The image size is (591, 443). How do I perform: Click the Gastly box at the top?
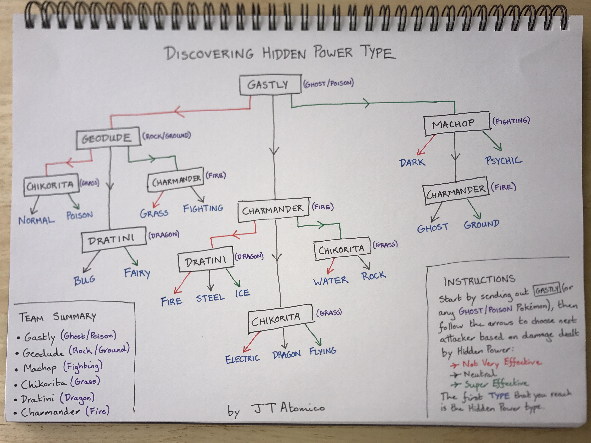[x=270, y=85]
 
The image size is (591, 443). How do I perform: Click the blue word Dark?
[x=412, y=162]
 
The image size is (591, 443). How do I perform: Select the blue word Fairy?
[x=137, y=273]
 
